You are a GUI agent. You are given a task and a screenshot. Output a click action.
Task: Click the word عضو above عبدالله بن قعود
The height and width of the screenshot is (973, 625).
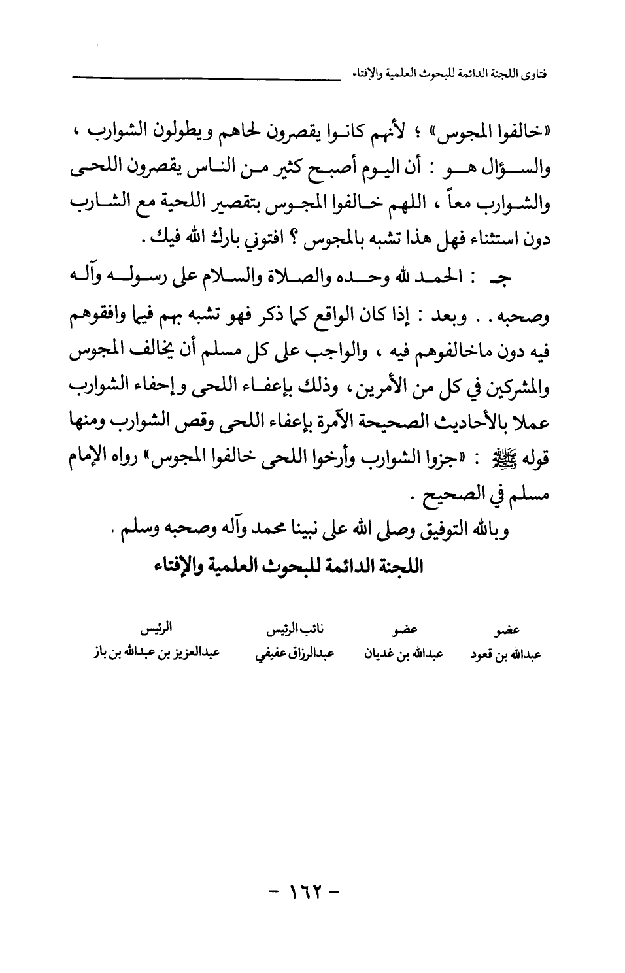[x=508, y=631]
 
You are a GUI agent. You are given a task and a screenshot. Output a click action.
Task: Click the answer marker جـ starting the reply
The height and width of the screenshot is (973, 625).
[x=516, y=277]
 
